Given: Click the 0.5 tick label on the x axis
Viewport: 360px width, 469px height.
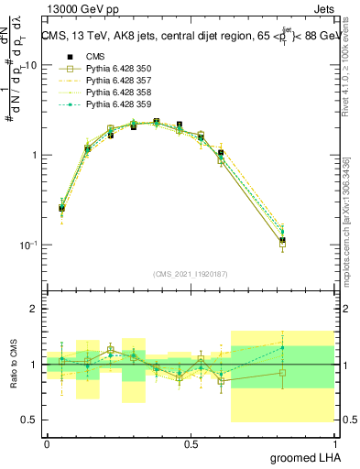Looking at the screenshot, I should [191, 443].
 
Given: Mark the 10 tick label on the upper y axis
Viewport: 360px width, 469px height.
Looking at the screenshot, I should [31, 65].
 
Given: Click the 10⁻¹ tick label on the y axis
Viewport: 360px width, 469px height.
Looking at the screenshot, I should [28, 245].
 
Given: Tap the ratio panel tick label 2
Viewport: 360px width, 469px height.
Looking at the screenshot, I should [34, 310].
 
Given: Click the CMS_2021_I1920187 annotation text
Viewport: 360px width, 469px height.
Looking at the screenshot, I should [191, 273].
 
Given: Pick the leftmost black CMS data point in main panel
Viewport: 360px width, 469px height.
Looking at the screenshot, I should [61, 209].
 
